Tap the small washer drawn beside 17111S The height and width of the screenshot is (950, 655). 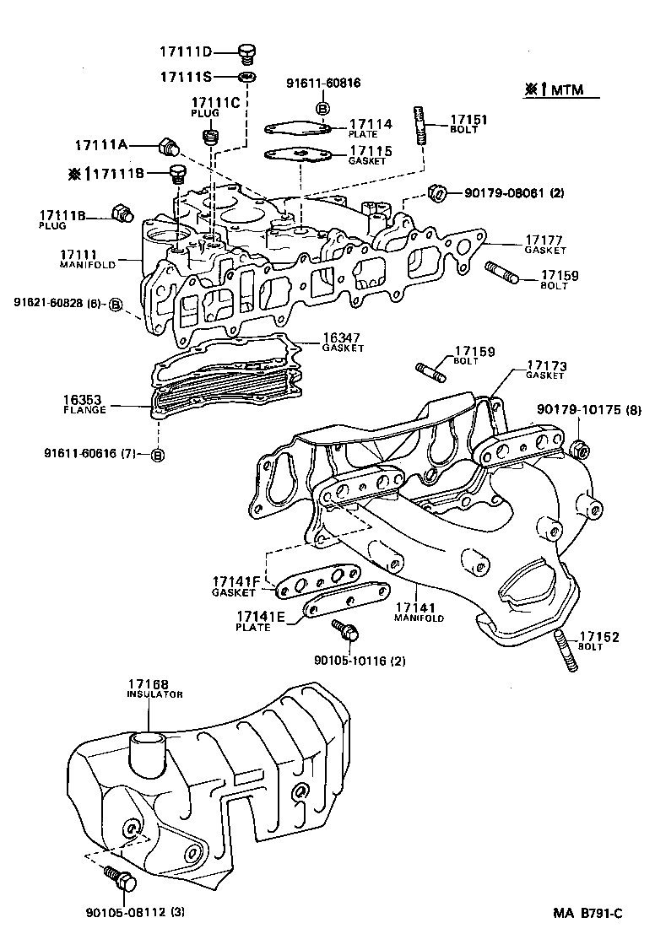coord(246,77)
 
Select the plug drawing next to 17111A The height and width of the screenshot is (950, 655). coord(170,146)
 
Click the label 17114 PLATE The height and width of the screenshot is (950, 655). coord(371,128)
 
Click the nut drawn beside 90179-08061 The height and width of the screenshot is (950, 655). coord(437,193)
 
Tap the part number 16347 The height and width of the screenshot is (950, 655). coord(343,338)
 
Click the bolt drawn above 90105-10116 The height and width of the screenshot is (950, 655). coord(346,629)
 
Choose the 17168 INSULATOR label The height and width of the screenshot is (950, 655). coord(154,688)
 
